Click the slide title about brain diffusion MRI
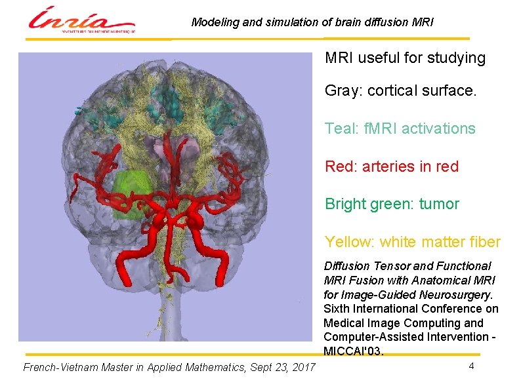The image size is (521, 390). (312, 22)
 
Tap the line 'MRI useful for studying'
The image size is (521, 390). (405, 58)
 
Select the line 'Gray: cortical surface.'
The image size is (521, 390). (400, 91)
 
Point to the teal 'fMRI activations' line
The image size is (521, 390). (400, 128)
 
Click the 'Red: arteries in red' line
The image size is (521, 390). (392, 166)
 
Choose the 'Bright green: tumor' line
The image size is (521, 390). (392, 204)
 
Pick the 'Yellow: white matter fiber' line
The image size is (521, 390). (412, 242)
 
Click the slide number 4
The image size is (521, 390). (471, 366)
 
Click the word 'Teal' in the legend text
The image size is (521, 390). (339, 128)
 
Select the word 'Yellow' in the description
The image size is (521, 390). (348, 242)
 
